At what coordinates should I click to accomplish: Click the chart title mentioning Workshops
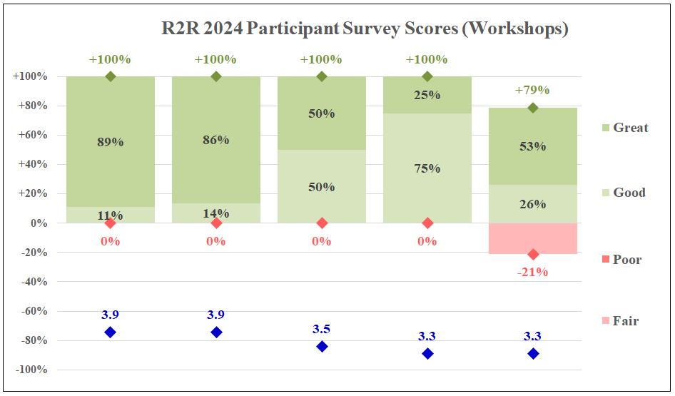364,29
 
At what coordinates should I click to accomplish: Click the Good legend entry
629,193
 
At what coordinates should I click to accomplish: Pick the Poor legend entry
626,260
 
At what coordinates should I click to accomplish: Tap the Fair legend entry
625,321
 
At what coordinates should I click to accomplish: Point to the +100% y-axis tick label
30,76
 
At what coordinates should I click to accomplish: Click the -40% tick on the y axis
33,282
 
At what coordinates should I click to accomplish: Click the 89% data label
111,142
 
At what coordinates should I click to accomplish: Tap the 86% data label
216,140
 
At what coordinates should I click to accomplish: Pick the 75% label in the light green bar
427,169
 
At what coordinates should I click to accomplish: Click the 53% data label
533,146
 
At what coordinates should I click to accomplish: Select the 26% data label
533,204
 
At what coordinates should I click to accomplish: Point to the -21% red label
533,272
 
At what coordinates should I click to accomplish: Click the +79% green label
533,91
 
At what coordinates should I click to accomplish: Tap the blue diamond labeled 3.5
322,346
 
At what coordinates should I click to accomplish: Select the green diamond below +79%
533,108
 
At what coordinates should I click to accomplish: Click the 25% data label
427,95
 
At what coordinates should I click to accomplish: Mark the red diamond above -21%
533,254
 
